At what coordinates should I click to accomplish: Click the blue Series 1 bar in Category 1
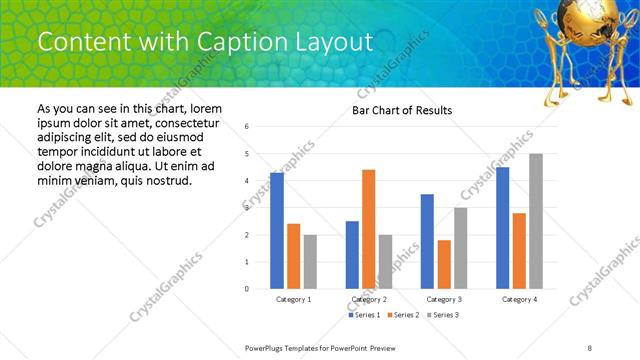277,231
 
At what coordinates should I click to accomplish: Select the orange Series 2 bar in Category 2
368,229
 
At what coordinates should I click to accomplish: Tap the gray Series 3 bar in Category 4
536,221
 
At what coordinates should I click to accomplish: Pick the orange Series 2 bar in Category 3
444,264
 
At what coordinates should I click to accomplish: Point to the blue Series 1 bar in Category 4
502,228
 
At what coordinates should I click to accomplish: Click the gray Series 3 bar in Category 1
310,262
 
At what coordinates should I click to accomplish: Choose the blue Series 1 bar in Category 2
352,255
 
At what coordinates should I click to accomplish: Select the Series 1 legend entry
364,315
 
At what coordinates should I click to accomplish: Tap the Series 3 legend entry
442,315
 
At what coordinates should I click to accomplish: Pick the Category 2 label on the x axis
369,299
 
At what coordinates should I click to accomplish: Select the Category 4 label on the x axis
519,299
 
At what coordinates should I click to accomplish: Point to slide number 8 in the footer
590,347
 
